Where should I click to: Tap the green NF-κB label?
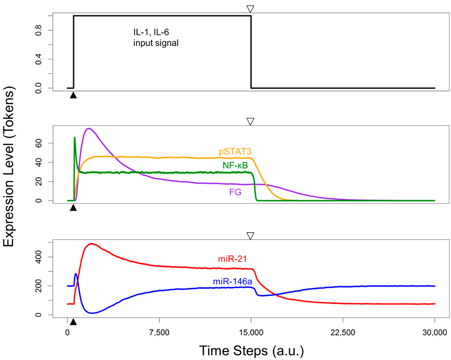click(x=235, y=165)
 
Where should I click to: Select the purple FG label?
click(x=235, y=192)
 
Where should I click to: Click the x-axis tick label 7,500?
click(x=159, y=331)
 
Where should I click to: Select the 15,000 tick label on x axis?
click(x=251, y=331)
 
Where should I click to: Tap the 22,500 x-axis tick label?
click(x=343, y=331)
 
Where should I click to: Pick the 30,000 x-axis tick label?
click(x=434, y=331)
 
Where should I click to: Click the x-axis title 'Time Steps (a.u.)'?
click(x=251, y=350)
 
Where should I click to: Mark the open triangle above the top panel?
click(x=251, y=9)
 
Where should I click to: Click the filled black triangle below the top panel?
click(x=73, y=95)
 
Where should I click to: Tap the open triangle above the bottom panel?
click(x=251, y=236)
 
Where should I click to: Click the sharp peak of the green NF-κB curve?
click(x=74, y=137)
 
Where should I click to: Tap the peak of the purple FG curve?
click(x=89, y=129)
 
